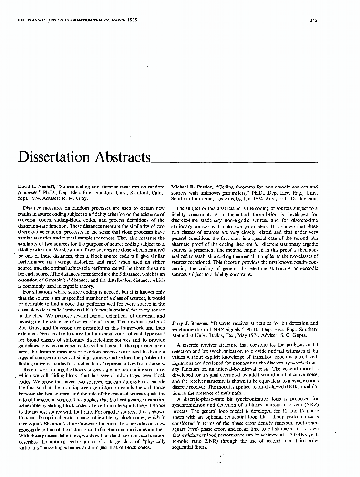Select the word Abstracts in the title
click(120, 157)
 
